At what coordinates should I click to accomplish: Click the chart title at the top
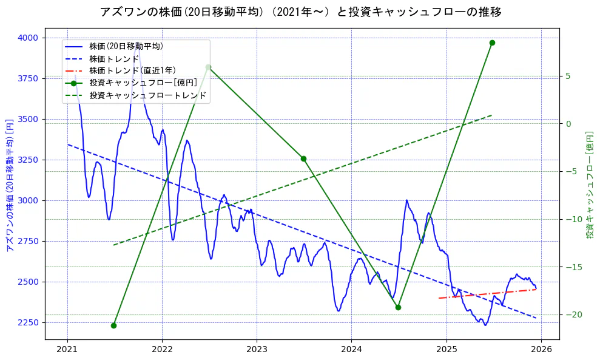click(300, 12)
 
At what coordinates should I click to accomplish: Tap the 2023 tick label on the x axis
click(257, 350)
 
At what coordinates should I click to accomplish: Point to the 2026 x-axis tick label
click(541, 350)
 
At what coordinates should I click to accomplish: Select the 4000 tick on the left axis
click(28, 38)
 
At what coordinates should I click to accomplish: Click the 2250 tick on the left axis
click(28, 322)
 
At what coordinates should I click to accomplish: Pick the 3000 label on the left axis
click(28, 200)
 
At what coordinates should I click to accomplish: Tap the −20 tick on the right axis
click(573, 314)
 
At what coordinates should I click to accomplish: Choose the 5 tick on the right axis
click(568, 76)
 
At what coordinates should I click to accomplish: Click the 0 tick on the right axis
click(568, 124)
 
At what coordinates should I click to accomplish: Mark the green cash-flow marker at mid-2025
click(492, 42)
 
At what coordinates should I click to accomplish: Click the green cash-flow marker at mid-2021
click(113, 325)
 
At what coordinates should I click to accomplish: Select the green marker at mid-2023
click(303, 158)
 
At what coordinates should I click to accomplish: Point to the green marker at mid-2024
click(398, 307)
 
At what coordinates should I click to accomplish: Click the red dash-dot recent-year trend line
click(485, 294)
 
